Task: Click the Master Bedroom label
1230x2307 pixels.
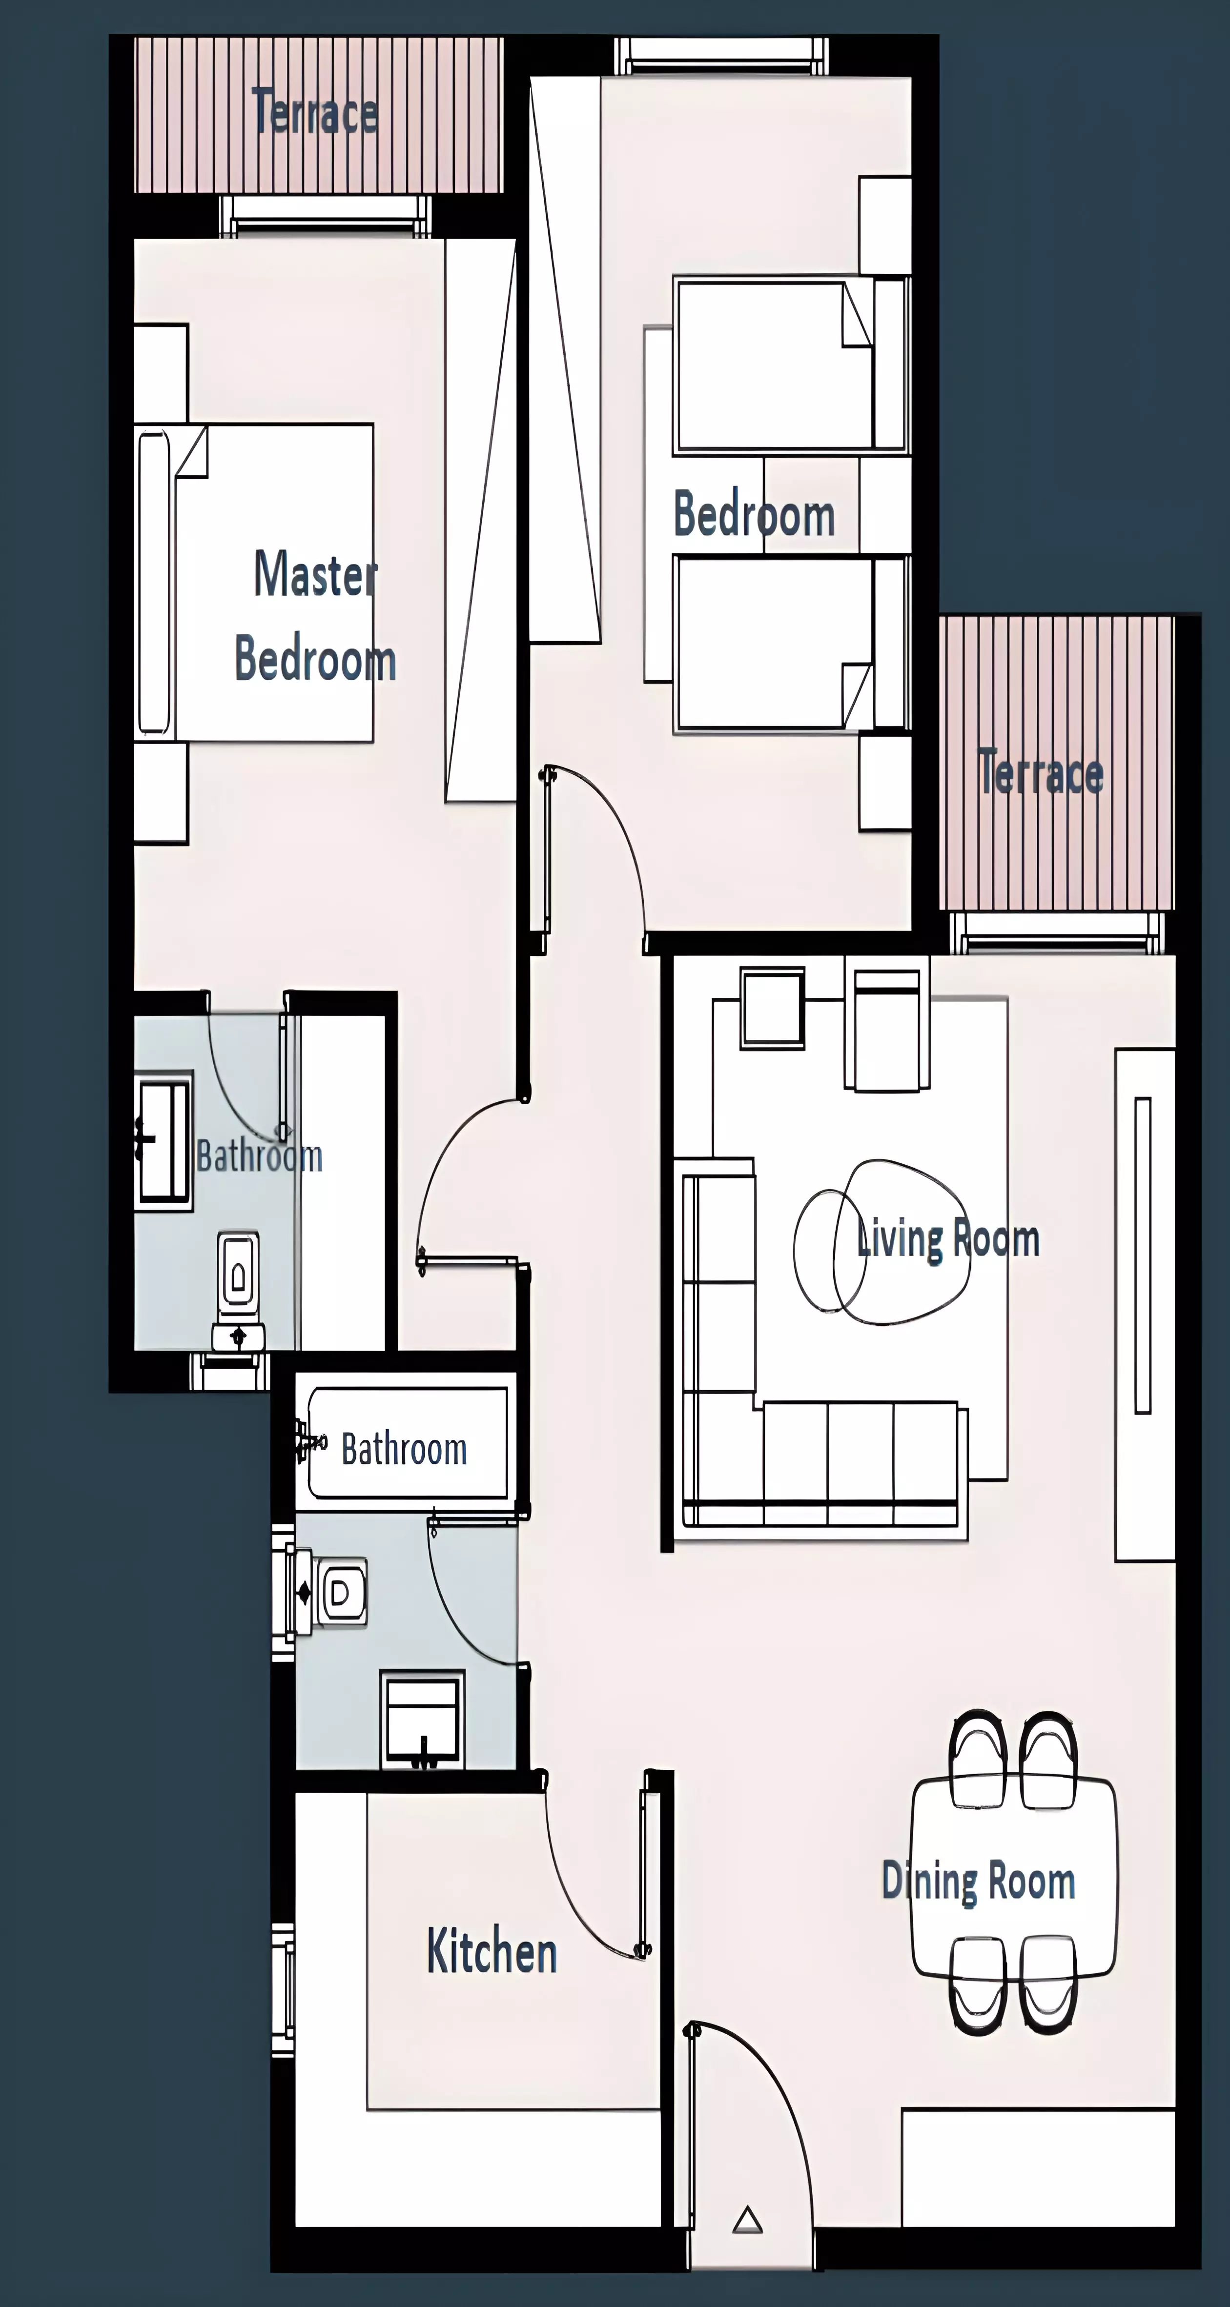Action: point(315,616)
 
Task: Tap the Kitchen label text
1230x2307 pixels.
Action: point(492,1951)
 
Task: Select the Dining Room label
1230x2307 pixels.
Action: point(978,1881)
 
